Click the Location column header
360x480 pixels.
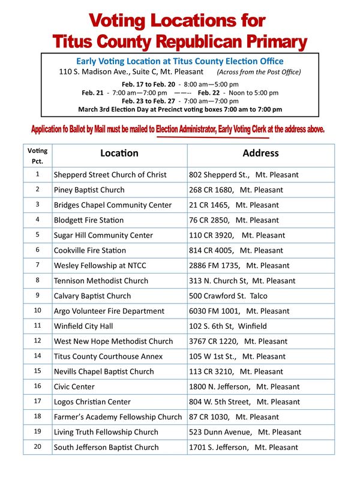119,154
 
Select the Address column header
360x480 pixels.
260,154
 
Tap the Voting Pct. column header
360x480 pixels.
37,156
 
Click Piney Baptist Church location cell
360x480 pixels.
89,190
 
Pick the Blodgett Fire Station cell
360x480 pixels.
88,220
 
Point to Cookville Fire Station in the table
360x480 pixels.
89,250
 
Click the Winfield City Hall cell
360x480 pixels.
85,326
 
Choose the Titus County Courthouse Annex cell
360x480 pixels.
108,356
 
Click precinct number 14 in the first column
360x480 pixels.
37,356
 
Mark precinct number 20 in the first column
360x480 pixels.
37,446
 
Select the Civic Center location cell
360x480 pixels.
74,387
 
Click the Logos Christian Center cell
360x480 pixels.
92,402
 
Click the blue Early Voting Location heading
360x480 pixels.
179,61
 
